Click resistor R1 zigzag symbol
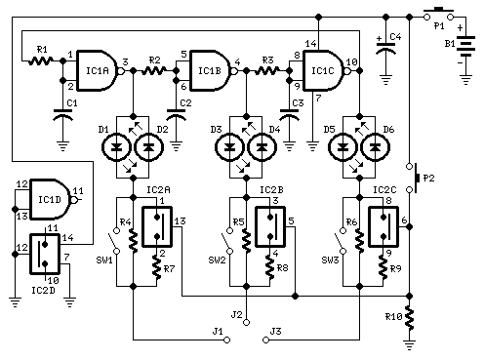point(41,60)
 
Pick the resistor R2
point(154,71)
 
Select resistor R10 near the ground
point(410,317)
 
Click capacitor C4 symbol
point(386,48)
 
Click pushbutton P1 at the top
point(435,14)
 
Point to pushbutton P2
point(414,178)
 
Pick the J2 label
point(235,314)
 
